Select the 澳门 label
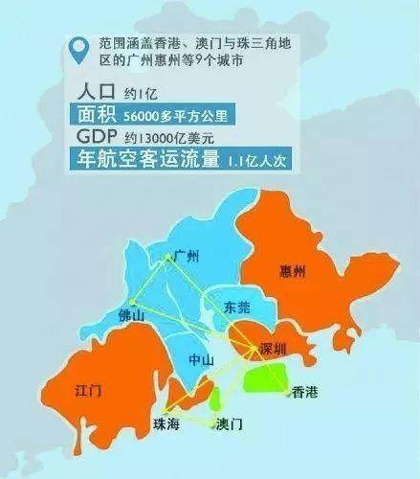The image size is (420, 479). click(x=230, y=422)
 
